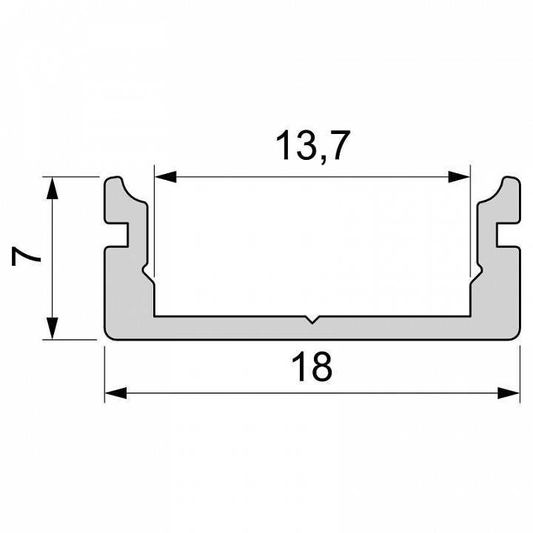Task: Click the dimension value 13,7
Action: click(311, 145)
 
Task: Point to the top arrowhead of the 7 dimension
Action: click(52, 189)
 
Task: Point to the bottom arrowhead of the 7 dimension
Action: click(52, 328)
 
